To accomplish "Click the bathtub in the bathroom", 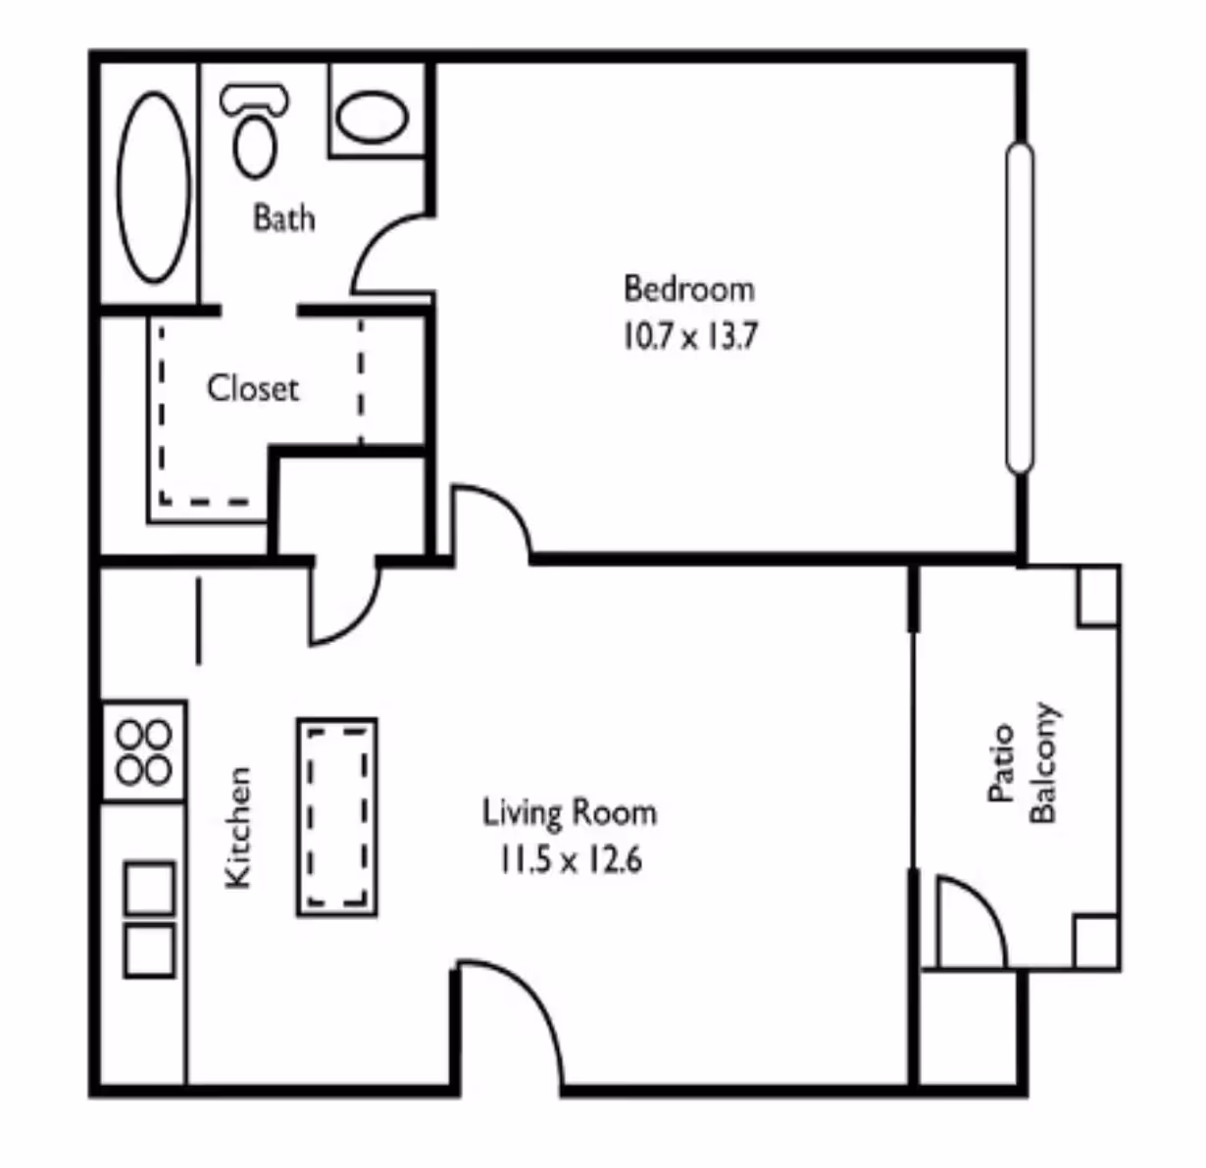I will [x=154, y=187].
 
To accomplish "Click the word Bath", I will [x=284, y=217].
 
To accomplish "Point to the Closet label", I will [x=252, y=389].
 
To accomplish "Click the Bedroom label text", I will [x=689, y=289].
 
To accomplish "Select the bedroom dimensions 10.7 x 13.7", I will [x=689, y=337].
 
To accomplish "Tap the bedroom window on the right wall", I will [x=1020, y=309].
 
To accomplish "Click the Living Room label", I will [x=569, y=813].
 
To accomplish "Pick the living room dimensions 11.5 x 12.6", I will [x=569, y=861].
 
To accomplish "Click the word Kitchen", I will [x=238, y=828].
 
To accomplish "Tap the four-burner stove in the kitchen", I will [x=144, y=752].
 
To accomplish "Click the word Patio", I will [x=1000, y=763].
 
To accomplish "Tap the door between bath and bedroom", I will [x=390, y=255].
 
